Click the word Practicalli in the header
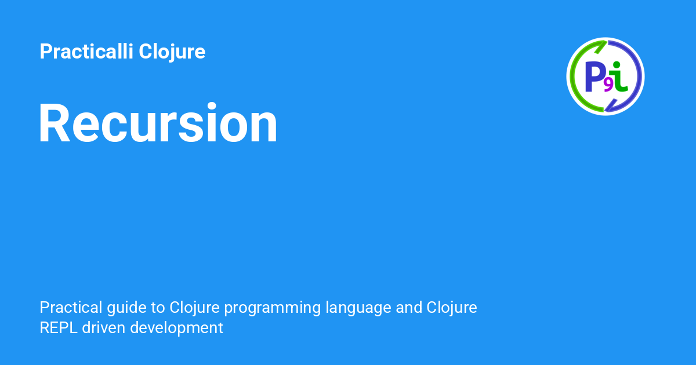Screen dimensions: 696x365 pyautogui.click(x=86, y=51)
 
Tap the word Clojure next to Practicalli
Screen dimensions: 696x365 pyautogui.click(x=172, y=52)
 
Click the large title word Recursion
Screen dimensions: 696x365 pyautogui.click(x=158, y=122)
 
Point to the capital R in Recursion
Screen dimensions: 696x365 pyautogui.click(x=54, y=123)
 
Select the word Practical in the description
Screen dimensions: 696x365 pyautogui.click(x=71, y=307)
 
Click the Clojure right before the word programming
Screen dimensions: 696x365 pyautogui.click(x=194, y=308)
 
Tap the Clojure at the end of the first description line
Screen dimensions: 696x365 pyautogui.click(x=452, y=308)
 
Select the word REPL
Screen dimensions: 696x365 pyautogui.click(x=59, y=328)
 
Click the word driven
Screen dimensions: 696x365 pyautogui.click(x=103, y=328)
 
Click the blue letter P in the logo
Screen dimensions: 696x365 pyautogui.click(x=595, y=76)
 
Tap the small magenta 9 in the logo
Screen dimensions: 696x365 pyautogui.click(x=608, y=86)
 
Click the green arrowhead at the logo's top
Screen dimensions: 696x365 pyautogui.click(x=601, y=46)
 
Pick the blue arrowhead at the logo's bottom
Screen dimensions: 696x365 pyautogui.click(x=611, y=105)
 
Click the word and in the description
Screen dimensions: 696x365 pyautogui.click(x=409, y=307)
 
